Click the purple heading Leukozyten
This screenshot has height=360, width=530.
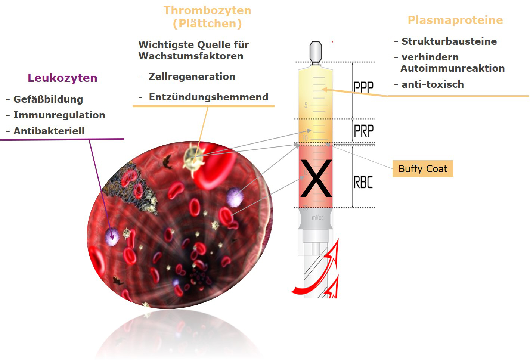click(62, 78)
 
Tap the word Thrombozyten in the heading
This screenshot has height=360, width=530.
click(207, 11)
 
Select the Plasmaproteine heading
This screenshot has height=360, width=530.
click(455, 20)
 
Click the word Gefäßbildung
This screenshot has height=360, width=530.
click(48, 99)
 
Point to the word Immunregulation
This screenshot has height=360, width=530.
click(59, 115)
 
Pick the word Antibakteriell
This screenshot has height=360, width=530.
click(49, 131)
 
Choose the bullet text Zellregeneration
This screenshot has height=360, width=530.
click(192, 77)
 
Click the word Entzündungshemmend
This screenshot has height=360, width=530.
click(208, 97)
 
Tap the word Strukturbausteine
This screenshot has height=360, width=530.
click(449, 41)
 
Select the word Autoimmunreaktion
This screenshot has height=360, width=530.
click(453, 68)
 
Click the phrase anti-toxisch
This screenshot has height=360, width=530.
click(433, 84)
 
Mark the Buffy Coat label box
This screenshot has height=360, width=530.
click(423, 169)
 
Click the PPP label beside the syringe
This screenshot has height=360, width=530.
click(363, 87)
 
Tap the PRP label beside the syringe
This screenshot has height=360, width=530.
click(364, 131)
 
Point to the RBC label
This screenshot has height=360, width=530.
click(363, 182)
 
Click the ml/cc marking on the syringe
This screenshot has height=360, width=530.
click(317, 218)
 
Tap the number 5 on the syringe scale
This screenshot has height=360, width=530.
click(306, 105)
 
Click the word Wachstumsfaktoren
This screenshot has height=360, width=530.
click(191, 56)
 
